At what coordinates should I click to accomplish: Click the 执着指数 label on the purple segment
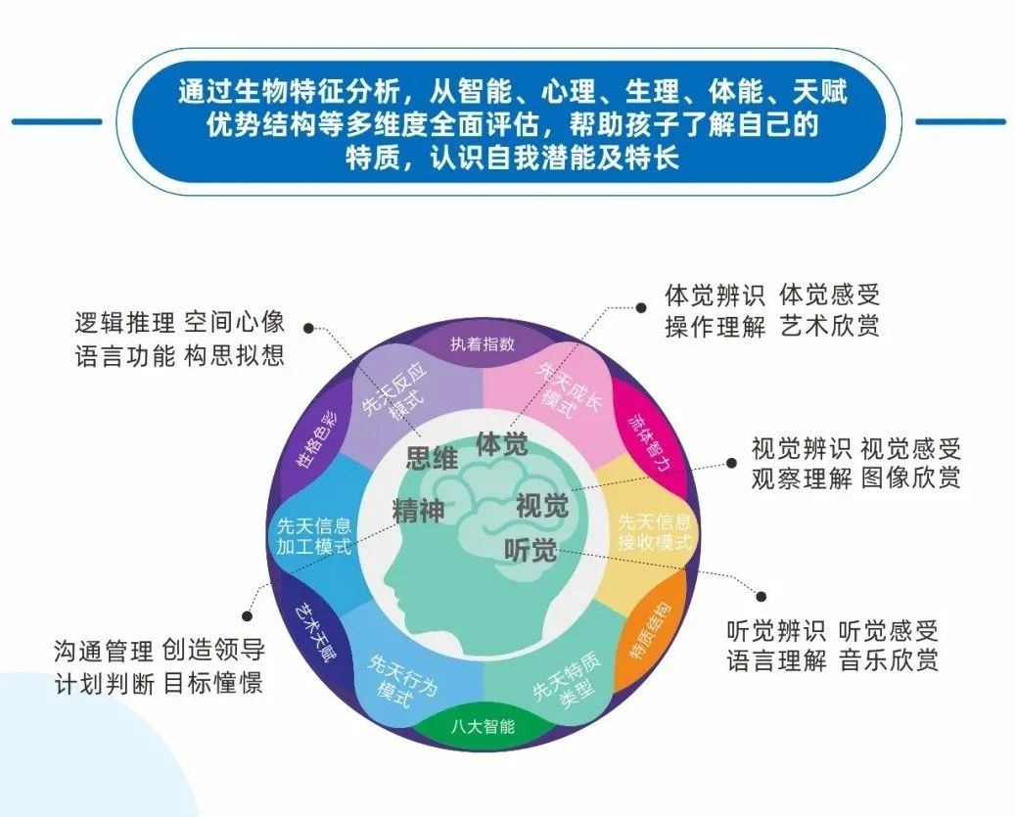(483, 343)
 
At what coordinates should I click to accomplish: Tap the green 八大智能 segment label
(483, 726)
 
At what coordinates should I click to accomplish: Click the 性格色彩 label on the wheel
(316, 440)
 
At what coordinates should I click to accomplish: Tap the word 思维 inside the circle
(432, 458)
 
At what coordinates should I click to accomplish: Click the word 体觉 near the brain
(502, 444)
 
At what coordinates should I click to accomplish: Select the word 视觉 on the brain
(542, 505)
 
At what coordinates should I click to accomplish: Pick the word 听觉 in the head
(531, 550)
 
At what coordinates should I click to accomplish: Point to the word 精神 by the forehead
(418, 511)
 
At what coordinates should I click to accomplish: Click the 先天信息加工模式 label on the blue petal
(314, 535)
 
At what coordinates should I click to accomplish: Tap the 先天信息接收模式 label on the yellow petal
(655, 531)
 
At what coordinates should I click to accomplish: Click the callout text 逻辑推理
(125, 322)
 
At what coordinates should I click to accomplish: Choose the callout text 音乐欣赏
(889, 660)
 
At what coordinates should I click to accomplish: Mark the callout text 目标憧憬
(213, 683)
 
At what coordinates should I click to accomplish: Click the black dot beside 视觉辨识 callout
(731, 463)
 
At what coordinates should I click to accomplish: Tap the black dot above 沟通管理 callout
(247, 617)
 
